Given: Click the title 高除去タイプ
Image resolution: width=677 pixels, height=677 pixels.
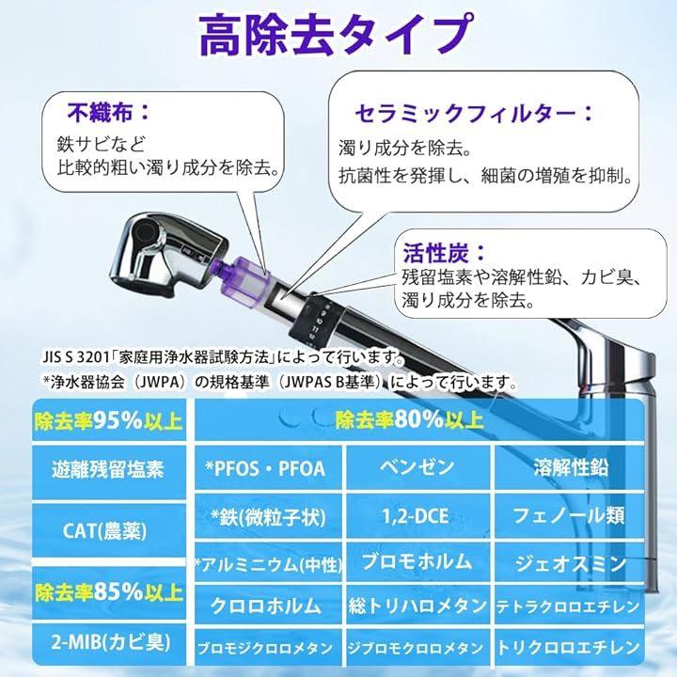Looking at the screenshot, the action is click(x=334, y=36).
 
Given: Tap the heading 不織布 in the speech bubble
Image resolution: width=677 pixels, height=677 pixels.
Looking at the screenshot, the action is click(x=100, y=112).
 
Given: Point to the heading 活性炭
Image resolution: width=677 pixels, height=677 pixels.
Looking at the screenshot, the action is click(x=436, y=252).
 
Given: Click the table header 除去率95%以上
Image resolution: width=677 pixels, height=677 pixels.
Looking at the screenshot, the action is click(x=108, y=419).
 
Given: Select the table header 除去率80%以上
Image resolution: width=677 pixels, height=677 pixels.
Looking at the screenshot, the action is click(x=410, y=419).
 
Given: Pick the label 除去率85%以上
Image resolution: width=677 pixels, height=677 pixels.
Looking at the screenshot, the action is click(x=108, y=592).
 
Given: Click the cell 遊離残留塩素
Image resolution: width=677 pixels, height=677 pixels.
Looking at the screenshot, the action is click(x=108, y=470).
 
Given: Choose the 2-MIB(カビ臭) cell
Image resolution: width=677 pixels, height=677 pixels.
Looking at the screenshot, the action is click(x=108, y=643).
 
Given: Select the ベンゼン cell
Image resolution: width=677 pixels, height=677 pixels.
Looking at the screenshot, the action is click(x=417, y=467).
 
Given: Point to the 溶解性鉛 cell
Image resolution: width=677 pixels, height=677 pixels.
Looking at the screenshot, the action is click(x=571, y=468).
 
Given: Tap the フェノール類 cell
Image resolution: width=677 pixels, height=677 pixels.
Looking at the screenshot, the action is click(x=569, y=515).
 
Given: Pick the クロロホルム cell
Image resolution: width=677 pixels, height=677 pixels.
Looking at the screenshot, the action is click(x=266, y=606).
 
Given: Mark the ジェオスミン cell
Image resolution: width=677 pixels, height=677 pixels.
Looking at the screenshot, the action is click(x=571, y=563).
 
